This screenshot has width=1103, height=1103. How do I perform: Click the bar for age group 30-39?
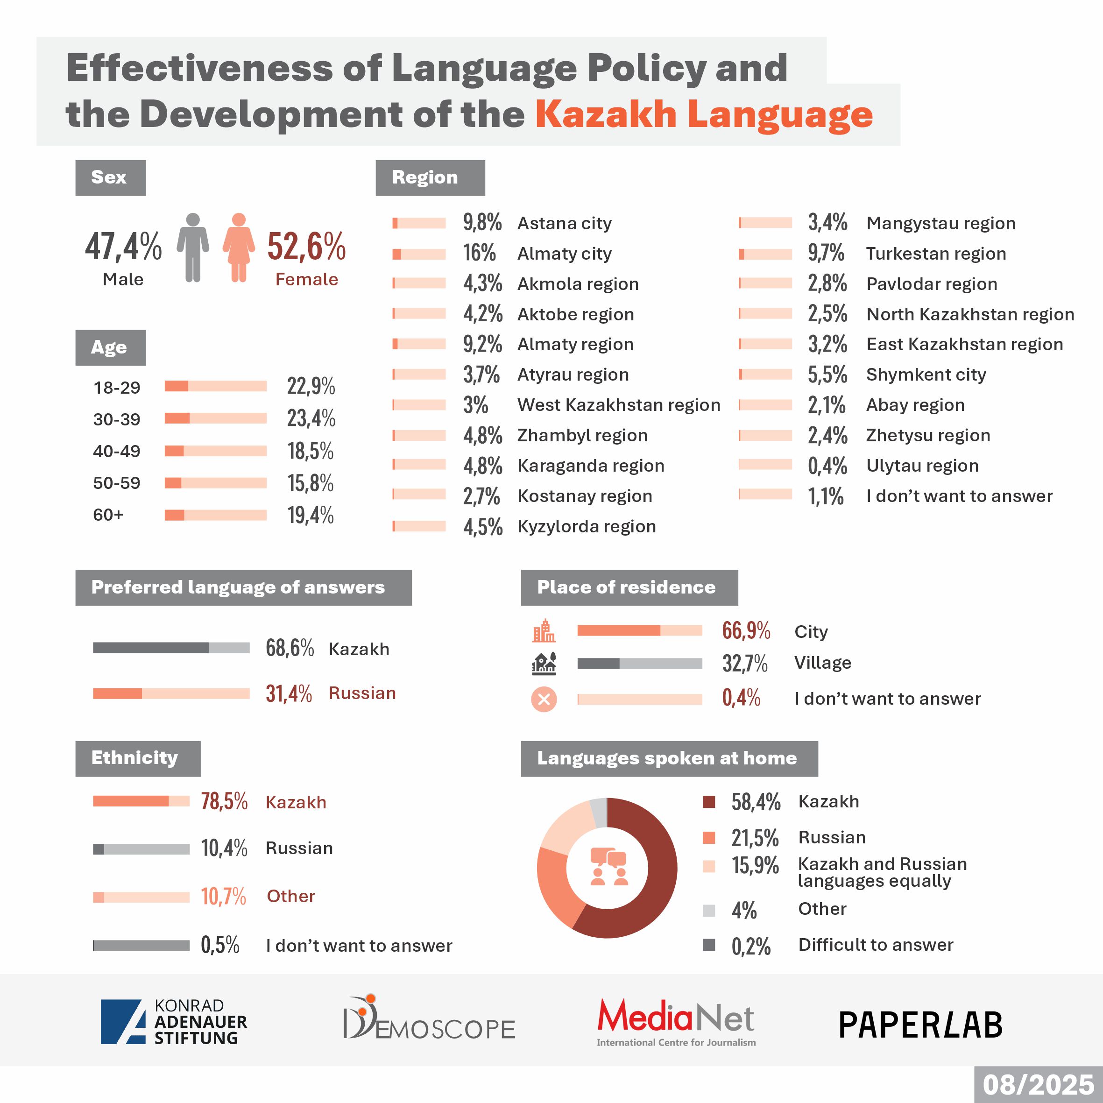tap(215, 418)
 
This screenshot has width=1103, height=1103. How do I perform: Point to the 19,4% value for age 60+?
tap(310, 515)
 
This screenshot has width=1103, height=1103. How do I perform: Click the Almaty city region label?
tap(564, 254)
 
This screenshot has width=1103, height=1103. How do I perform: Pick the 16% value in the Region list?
tap(479, 253)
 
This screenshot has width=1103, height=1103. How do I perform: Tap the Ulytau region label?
tap(922, 466)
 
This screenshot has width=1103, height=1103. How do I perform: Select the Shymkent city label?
tap(926, 375)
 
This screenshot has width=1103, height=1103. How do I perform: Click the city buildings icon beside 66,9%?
tap(544, 630)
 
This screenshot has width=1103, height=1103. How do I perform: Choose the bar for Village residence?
tap(639, 664)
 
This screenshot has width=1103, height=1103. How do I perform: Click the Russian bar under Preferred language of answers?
tap(171, 693)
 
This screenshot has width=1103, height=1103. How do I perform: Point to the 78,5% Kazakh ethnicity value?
tap(224, 801)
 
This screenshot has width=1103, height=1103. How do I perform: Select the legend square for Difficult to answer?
tap(708, 945)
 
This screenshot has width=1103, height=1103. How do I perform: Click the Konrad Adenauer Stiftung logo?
tap(174, 1022)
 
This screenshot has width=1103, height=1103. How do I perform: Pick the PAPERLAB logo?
tap(920, 1025)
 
